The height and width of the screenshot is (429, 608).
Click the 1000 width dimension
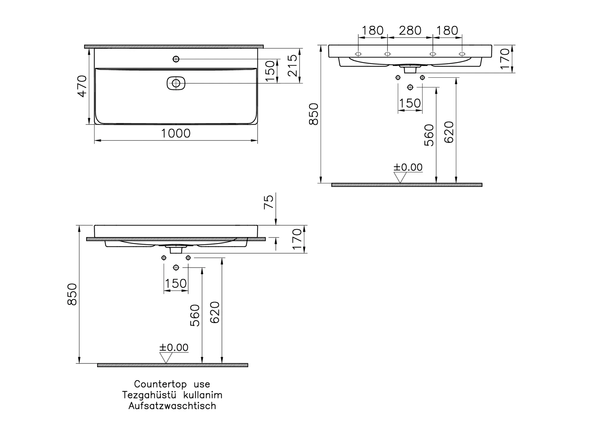coord(176,134)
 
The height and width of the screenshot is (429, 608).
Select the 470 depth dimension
coord(82,86)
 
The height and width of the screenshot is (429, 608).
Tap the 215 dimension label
coord(292,66)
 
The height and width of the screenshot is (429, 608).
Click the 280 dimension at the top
coord(410,31)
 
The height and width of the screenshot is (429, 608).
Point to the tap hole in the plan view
coord(176,59)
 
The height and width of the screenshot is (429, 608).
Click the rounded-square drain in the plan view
coord(176,83)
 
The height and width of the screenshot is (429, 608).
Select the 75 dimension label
coord(269,202)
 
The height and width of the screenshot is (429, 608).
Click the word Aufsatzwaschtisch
coord(172,406)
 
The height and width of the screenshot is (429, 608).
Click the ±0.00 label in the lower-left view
coord(174,347)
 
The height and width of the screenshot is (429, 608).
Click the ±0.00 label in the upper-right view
coord(408,167)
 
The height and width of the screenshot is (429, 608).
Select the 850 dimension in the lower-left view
coord(72,294)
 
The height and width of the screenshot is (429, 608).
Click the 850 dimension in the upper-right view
coord(314,114)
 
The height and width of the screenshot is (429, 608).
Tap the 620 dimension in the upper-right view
coord(449,132)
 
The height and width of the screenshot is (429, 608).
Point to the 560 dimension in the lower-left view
coord(195,315)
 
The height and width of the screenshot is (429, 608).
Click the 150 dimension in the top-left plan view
coord(270,71)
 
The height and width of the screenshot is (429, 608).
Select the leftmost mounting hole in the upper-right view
coord(358,54)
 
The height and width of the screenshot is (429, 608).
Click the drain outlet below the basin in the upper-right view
coord(410,70)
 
